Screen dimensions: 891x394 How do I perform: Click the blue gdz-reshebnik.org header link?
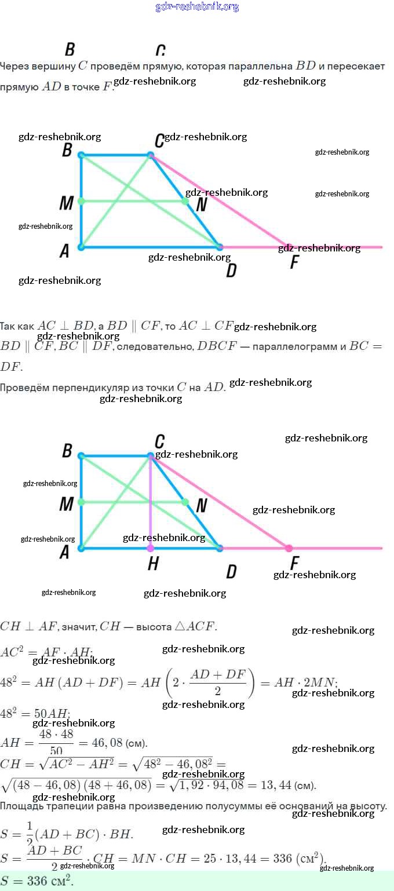(x=197, y=7)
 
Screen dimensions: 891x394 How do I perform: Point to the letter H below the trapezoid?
(x=153, y=564)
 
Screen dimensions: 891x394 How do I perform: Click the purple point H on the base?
(x=151, y=548)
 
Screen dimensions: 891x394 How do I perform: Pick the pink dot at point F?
(x=289, y=548)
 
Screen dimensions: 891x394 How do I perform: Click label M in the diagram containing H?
(x=66, y=504)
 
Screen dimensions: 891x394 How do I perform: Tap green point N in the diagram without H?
(x=185, y=201)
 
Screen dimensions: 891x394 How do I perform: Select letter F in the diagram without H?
(x=294, y=262)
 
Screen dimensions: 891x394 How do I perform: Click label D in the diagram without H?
(x=231, y=270)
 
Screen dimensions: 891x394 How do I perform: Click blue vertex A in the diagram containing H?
(x=81, y=548)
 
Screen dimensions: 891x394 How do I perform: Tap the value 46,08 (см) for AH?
(x=115, y=743)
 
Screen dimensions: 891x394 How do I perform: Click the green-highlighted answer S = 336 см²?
(x=37, y=881)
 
